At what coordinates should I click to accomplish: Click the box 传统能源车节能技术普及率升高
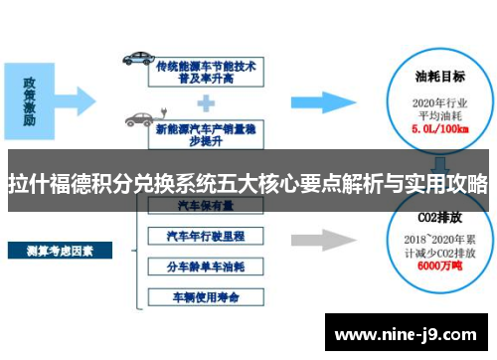point(207,72)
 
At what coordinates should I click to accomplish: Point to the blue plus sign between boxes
point(207,102)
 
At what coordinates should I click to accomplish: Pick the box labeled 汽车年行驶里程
point(206,237)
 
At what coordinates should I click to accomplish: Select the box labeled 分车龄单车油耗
point(206,268)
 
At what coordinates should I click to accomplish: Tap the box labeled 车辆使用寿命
point(206,297)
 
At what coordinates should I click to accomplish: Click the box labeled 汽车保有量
point(206,207)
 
